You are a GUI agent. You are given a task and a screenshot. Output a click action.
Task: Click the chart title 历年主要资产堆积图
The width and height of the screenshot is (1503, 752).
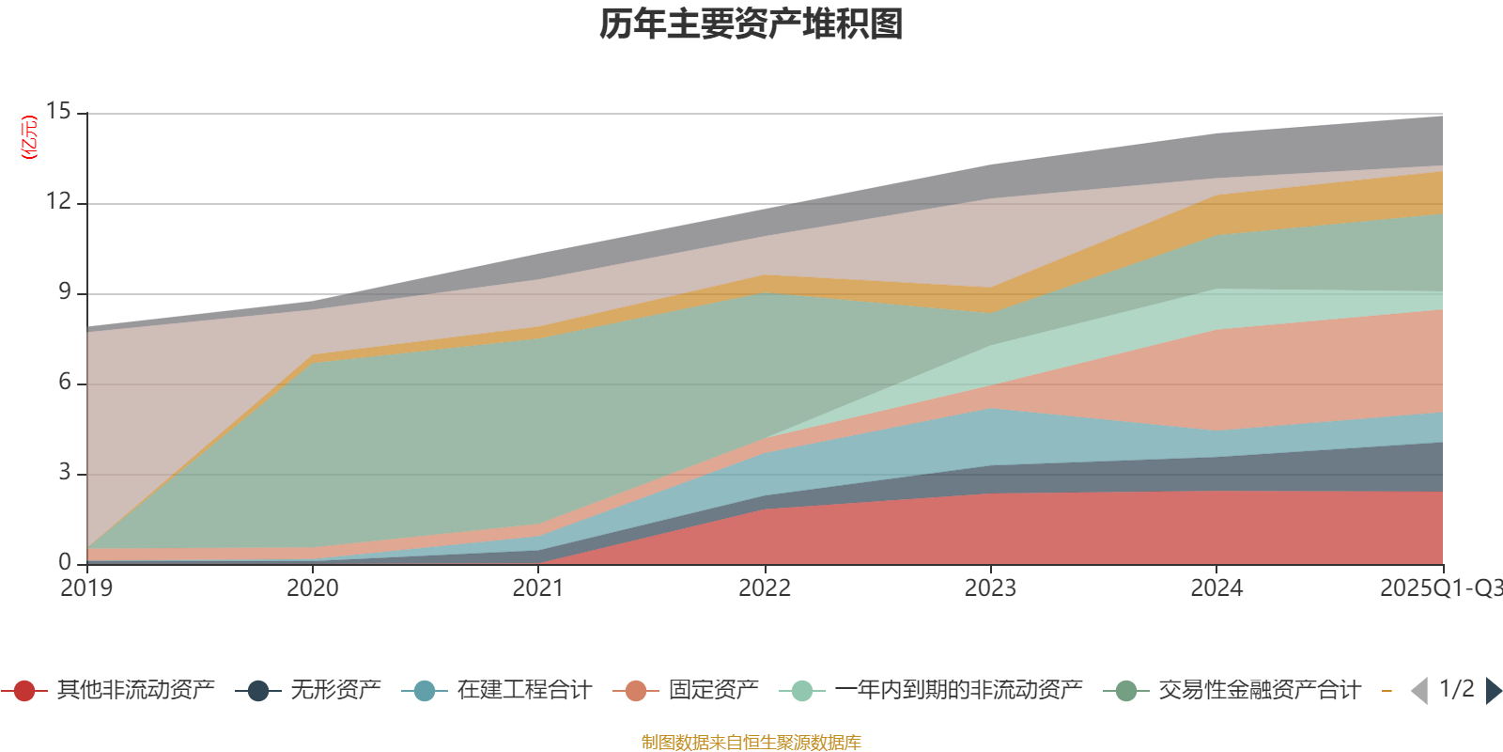[751, 24]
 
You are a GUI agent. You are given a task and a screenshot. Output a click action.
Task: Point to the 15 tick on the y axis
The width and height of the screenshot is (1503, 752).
[58, 112]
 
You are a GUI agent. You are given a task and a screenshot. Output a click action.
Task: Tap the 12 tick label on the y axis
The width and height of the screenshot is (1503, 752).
[58, 202]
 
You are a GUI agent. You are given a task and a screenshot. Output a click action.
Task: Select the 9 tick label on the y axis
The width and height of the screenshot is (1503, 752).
[65, 292]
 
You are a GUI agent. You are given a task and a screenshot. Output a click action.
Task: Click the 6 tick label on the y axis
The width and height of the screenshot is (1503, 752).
[65, 383]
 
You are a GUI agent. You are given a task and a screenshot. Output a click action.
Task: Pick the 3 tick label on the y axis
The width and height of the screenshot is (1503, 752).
[65, 473]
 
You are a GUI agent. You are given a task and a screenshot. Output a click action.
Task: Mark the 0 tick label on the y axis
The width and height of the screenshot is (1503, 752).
[65, 562]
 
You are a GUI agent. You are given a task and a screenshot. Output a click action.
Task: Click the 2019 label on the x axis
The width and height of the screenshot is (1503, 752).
[86, 588]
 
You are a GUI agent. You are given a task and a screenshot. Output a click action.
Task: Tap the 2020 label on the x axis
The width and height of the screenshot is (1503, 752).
[313, 588]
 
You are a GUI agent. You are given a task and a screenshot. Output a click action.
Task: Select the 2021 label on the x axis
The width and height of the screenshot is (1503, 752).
[538, 588]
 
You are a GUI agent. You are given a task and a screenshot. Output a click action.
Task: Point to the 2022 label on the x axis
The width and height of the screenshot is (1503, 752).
[765, 588]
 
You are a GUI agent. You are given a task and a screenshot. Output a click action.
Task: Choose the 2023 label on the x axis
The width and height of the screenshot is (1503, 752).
[990, 588]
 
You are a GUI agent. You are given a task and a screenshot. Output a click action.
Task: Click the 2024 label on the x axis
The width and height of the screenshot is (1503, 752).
[1216, 588]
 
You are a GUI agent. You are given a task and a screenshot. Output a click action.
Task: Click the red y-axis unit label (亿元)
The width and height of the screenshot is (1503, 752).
[29, 137]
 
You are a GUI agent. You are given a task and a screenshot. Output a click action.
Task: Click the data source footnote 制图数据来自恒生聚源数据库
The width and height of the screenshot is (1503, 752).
[751, 743]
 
